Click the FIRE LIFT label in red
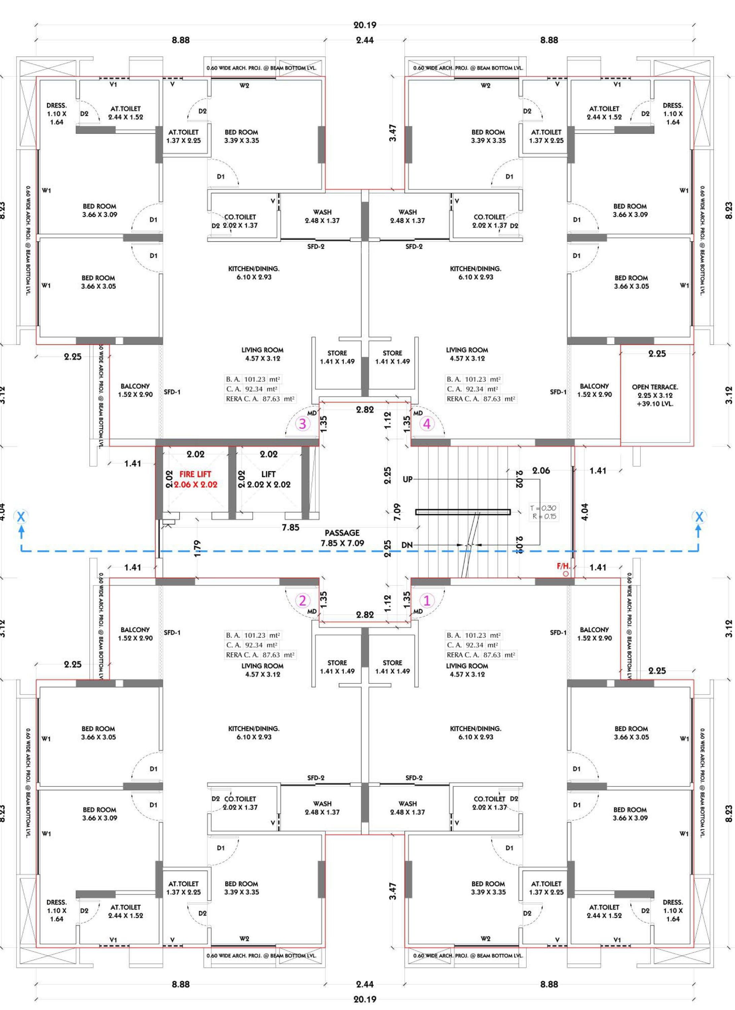[195, 474]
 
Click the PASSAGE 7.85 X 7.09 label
[342, 538]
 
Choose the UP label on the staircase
[407, 480]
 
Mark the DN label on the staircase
[407, 545]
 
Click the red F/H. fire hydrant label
[563, 566]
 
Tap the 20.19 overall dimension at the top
[364, 25]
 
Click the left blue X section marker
[21, 517]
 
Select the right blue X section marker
[699, 517]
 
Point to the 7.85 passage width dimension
[290, 528]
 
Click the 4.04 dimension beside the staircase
[585, 512]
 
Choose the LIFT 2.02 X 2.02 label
[269, 479]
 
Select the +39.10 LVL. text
[655, 404]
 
